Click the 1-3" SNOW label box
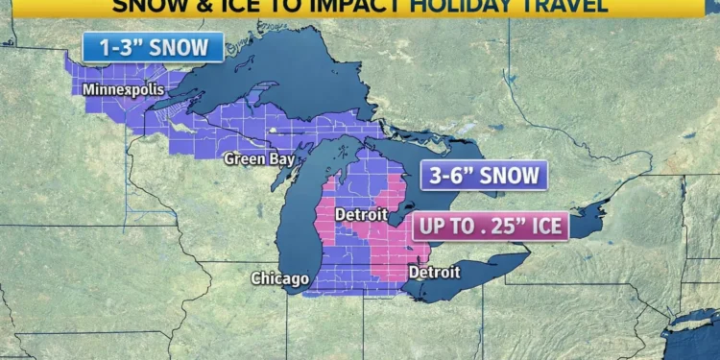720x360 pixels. pyautogui.click(x=153, y=47)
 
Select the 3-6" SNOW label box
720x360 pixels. pyautogui.click(x=484, y=176)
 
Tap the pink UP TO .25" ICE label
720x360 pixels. pyautogui.click(x=490, y=227)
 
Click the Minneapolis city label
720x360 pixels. pyautogui.click(x=123, y=90)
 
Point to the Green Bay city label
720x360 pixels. pyautogui.click(x=259, y=158)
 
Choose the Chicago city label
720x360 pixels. pyautogui.click(x=280, y=278)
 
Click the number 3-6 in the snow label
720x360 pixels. pyautogui.click(x=451, y=176)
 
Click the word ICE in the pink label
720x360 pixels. pyautogui.click(x=543, y=227)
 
